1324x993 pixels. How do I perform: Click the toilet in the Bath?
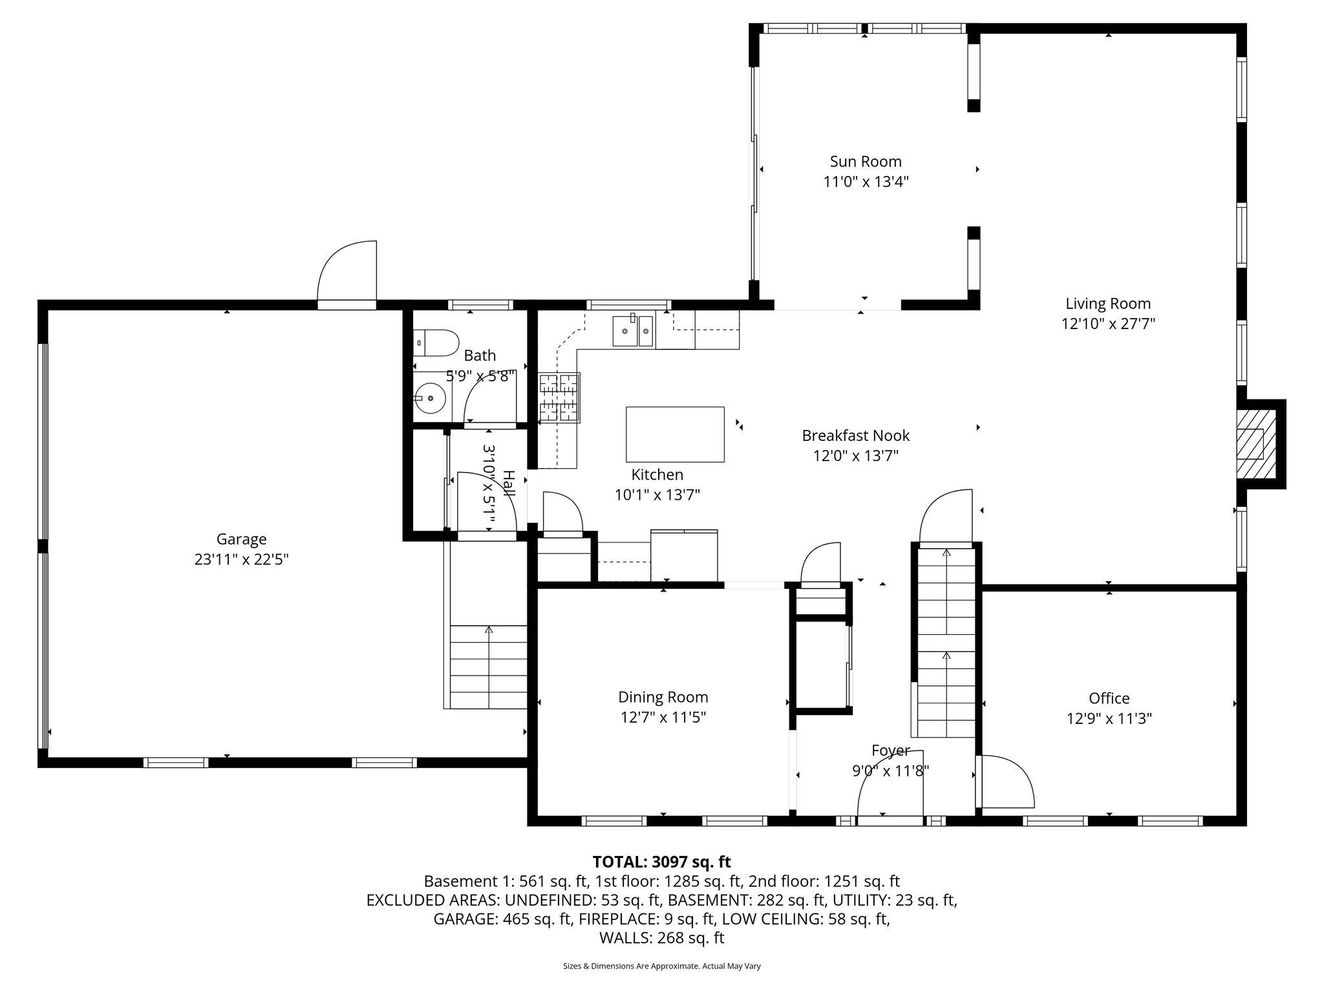[x=436, y=343]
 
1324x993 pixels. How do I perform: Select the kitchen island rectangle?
[x=675, y=434]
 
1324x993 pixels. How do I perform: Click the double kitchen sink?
[x=634, y=332]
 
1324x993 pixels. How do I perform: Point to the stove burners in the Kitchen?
[x=559, y=398]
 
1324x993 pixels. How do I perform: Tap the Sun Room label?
[x=866, y=162]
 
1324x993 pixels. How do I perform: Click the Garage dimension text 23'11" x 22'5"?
[x=241, y=559]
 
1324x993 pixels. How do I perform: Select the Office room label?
[x=1109, y=698]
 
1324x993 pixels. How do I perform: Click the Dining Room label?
[x=663, y=697]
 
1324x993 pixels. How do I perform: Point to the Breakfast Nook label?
[x=856, y=436]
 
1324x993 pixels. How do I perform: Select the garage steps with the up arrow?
[x=489, y=666]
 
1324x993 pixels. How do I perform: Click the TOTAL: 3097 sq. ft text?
[x=661, y=862]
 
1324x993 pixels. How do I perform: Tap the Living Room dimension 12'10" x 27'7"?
[x=1108, y=324]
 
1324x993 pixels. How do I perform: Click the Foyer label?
[x=890, y=751]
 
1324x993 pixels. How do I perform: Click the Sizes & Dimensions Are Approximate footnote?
[x=661, y=966]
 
